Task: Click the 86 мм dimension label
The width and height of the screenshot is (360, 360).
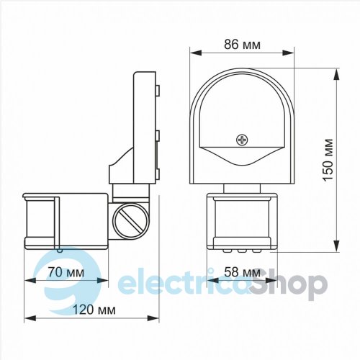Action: tap(242, 45)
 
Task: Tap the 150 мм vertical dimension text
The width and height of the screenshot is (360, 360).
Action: tap(328, 160)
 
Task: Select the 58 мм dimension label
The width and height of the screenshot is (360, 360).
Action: tap(242, 272)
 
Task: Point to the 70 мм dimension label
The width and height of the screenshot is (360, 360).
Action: tap(66, 272)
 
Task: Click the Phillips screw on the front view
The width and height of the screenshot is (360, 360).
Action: tap(242, 140)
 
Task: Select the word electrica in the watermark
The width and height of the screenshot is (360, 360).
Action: tap(184, 283)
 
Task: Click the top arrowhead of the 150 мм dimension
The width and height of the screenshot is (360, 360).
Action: tap(337, 74)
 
